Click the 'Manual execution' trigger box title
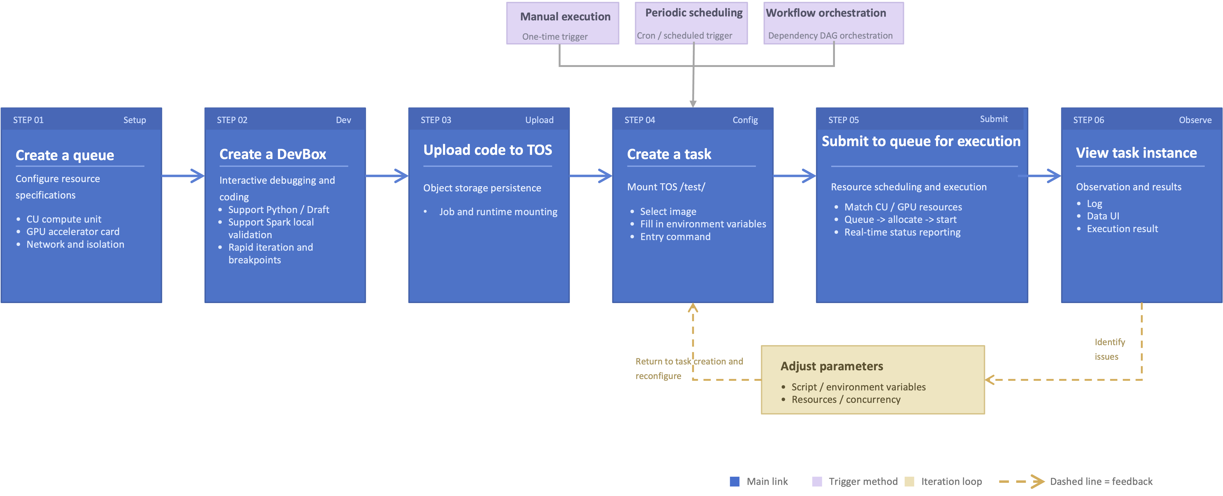point(565,17)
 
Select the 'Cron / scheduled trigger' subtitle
point(684,35)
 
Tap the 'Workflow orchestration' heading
point(826,13)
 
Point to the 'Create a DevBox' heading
point(272,154)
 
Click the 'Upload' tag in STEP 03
point(539,120)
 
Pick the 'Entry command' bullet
point(675,237)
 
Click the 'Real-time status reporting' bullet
point(902,232)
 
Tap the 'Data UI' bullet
point(1103,216)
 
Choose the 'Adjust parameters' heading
point(832,366)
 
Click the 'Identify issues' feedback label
point(1109,349)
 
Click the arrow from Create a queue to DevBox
point(183,176)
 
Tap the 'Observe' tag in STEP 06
point(1195,120)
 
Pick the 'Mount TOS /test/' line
point(666,187)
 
